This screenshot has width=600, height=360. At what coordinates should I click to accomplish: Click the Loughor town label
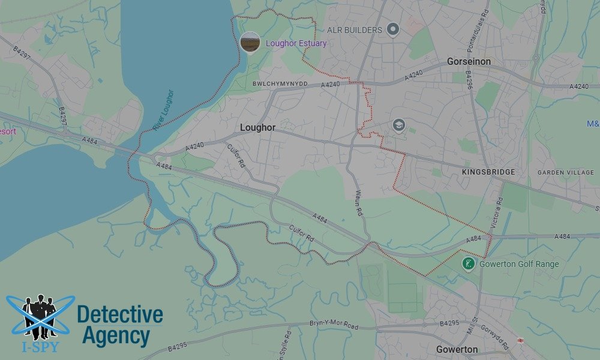[257, 128]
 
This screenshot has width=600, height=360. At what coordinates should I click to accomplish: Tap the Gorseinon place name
[469, 62]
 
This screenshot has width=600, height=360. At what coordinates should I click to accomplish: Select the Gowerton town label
[457, 349]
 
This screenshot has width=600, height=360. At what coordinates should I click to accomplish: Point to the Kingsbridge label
[488, 172]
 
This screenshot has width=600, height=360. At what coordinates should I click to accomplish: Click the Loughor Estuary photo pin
[250, 42]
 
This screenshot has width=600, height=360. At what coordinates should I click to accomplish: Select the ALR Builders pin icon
[393, 29]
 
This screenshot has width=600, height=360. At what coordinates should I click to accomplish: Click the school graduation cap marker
[399, 125]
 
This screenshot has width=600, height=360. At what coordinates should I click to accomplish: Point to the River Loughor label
[163, 110]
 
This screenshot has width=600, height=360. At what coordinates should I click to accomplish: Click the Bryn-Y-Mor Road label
[334, 325]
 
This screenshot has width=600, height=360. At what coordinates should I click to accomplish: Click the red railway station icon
[520, 341]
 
